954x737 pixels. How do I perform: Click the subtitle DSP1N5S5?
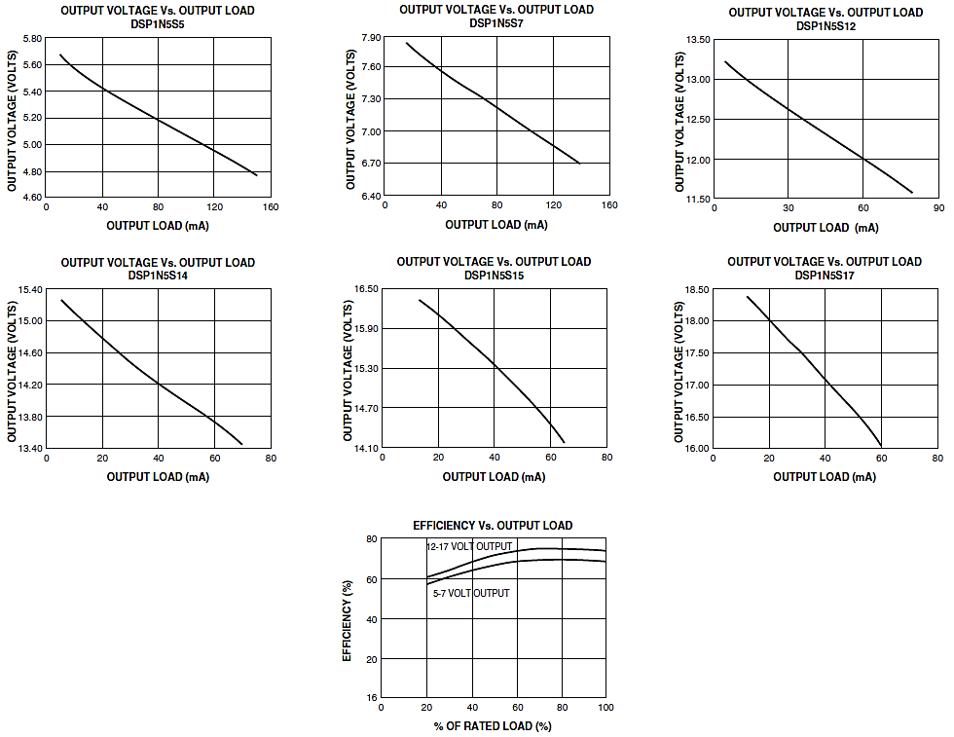tap(157, 24)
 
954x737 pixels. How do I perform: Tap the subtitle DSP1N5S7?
tap(495, 22)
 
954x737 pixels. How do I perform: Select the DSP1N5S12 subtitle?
tap(826, 25)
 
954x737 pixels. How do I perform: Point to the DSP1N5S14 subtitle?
tap(157, 276)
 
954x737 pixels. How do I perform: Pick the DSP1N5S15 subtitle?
tap(494, 276)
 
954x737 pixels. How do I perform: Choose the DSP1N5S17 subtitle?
tap(824, 276)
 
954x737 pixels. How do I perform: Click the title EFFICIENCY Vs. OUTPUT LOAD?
tap(493, 526)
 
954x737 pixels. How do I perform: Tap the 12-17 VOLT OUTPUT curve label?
tap(468, 547)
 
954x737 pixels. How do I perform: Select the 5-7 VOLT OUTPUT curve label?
tap(470, 593)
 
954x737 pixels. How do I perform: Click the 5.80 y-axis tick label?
tap(31, 39)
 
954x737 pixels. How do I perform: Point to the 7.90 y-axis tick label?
tap(370, 38)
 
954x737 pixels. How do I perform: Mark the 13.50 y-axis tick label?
tap(697, 40)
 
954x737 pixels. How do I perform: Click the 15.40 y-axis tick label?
tap(29, 290)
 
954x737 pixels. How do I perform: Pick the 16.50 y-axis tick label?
tap(365, 289)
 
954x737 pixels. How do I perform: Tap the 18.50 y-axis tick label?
tap(697, 290)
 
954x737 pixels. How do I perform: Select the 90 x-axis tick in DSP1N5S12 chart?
tap(938, 208)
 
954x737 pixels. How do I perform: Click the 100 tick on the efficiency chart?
tap(605, 708)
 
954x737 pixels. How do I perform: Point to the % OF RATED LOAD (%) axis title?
tap(493, 725)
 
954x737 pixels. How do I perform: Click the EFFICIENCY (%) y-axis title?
tap(348, 619)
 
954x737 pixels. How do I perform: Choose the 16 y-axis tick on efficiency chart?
tap(371, 698)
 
